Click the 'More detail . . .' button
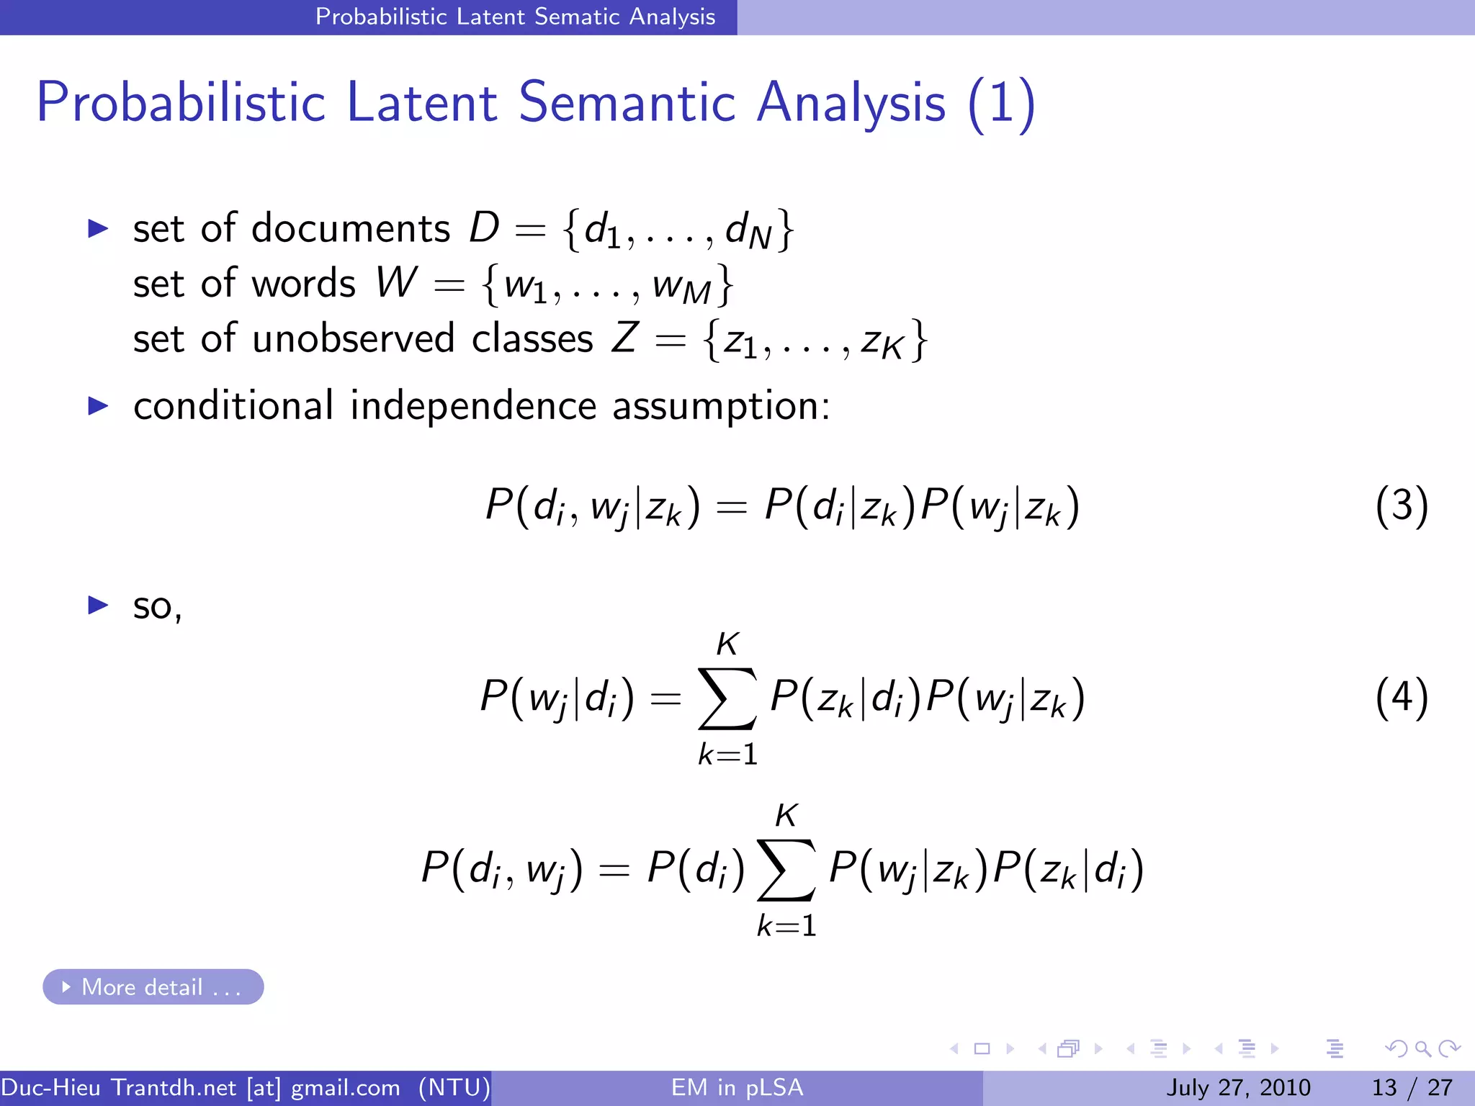pyautogui.click(x=153, y=986)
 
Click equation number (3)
pyautogui.click(x=1401, y=505)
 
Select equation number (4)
pyautogui.click(x=1401, y=697)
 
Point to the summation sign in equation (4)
pyautogui.click(x=727, y=698)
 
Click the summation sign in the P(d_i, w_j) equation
pyautogui.click(x=786, y=870)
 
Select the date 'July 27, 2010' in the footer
pyautogui.click(x=1238, y=1087)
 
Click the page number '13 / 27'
pyautogui.click(x=1412, y=1087)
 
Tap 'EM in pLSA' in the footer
pyautogui.click(x=737, y=1087)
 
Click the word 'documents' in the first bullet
pyautogui.click(x=351, y=229)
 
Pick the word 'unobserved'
pyautogui.click(x=354, y=338)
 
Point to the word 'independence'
pyautogui.click(x=473, y=405)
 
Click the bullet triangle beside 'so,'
pyautogui.click(x=97, y=605)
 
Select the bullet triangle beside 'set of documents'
pyautogui.click(x=97, y=229)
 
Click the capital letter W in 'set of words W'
pyautogui.click(x=397, y=282)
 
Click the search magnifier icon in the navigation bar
pyautogui.click(x=1422, y=1048)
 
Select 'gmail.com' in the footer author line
pyautogui.click(x=345, y=1087)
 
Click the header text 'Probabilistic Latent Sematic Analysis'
pyautogui.click(x=515, y=17)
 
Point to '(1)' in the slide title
pyautogui.click(x=1001, y=104)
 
